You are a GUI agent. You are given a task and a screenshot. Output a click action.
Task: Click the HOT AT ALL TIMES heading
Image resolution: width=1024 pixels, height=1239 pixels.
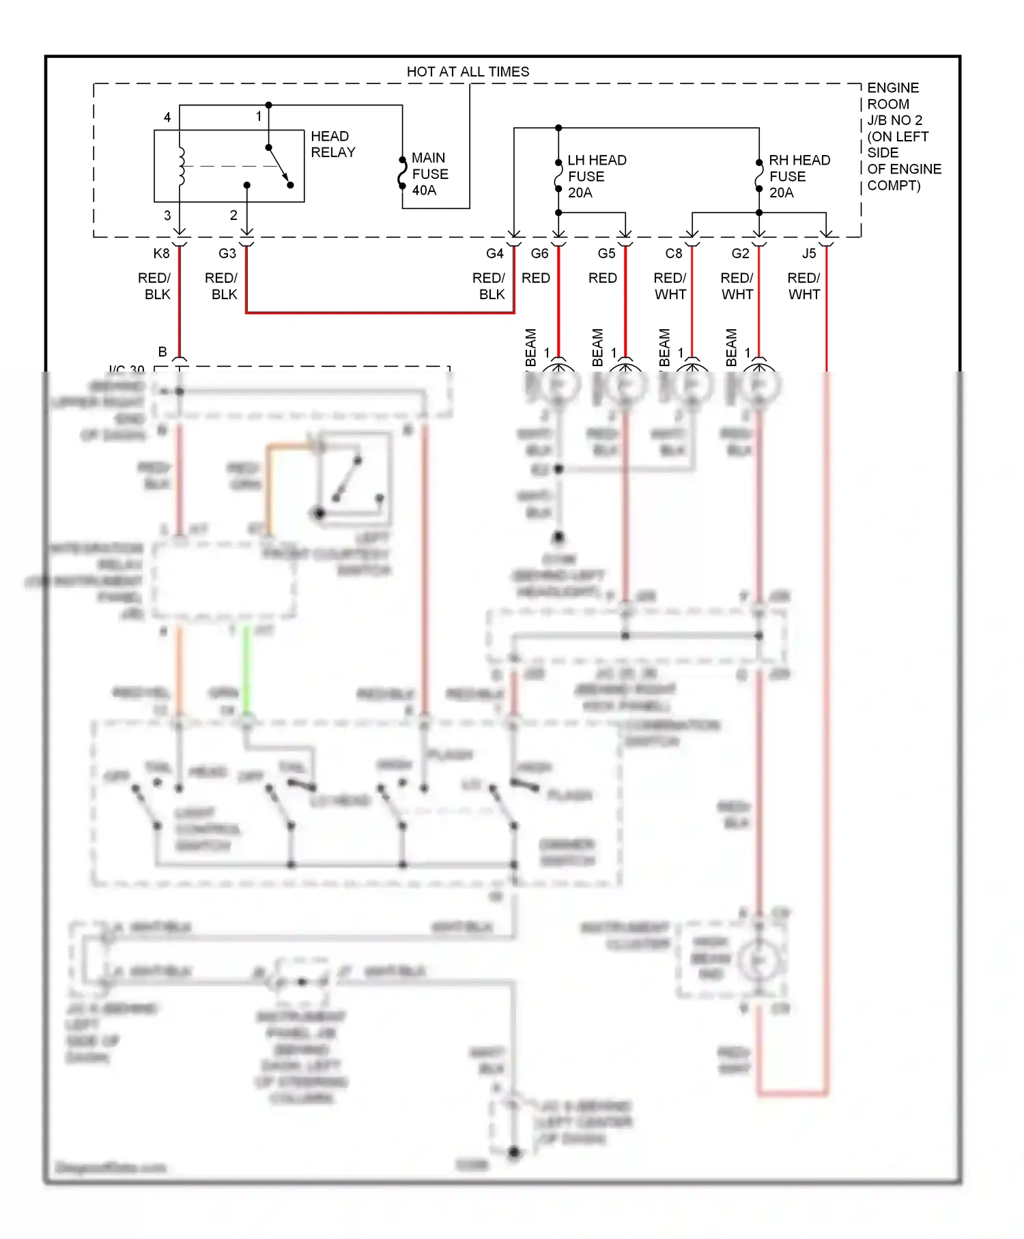pos(468,72)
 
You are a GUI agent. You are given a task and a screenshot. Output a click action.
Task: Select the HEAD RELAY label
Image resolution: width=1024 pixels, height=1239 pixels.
pos(332,144)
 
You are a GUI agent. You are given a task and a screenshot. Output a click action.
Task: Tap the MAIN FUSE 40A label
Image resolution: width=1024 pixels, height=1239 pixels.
pos(429,174)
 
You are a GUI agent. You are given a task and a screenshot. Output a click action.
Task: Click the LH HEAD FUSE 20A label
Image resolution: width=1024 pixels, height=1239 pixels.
pos(596,176)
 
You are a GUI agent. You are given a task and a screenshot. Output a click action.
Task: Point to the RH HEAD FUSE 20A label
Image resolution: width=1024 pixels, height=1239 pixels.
pos(799,176)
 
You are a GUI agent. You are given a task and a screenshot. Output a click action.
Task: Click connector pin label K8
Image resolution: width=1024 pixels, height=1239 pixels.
pos(161,253)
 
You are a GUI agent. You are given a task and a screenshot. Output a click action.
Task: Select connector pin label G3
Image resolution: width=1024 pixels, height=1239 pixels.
pos(227,253)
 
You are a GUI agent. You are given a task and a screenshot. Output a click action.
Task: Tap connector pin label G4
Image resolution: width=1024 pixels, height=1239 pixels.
pos(495,253)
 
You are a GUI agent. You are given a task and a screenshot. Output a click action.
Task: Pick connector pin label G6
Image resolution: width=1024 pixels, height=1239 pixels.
pos(539,253)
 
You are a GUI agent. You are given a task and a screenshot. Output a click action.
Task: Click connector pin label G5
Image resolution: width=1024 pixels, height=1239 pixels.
pos(606,253)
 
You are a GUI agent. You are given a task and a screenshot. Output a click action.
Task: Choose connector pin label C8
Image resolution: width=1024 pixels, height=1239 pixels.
pos(673,253)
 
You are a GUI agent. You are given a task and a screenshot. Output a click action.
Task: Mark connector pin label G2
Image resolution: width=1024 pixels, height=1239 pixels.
pos(740,253)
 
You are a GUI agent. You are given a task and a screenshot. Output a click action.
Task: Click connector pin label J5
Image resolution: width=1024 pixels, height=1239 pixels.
pos(808,253)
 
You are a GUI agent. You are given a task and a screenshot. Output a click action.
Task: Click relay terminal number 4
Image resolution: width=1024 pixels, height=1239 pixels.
pos(167,117)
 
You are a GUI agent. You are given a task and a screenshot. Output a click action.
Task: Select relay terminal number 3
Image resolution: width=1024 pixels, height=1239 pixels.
pos(167,215)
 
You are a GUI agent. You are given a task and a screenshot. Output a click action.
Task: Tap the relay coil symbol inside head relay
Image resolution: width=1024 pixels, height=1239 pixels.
pos(181,166)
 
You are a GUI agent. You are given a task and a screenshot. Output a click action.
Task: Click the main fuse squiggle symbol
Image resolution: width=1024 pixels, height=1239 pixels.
pos(403,173)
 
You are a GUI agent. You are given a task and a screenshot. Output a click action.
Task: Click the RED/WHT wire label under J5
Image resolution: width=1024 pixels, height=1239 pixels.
pos(803,286)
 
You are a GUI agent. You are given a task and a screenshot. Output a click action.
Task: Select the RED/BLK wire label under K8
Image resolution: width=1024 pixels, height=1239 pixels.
pos(154,286)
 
